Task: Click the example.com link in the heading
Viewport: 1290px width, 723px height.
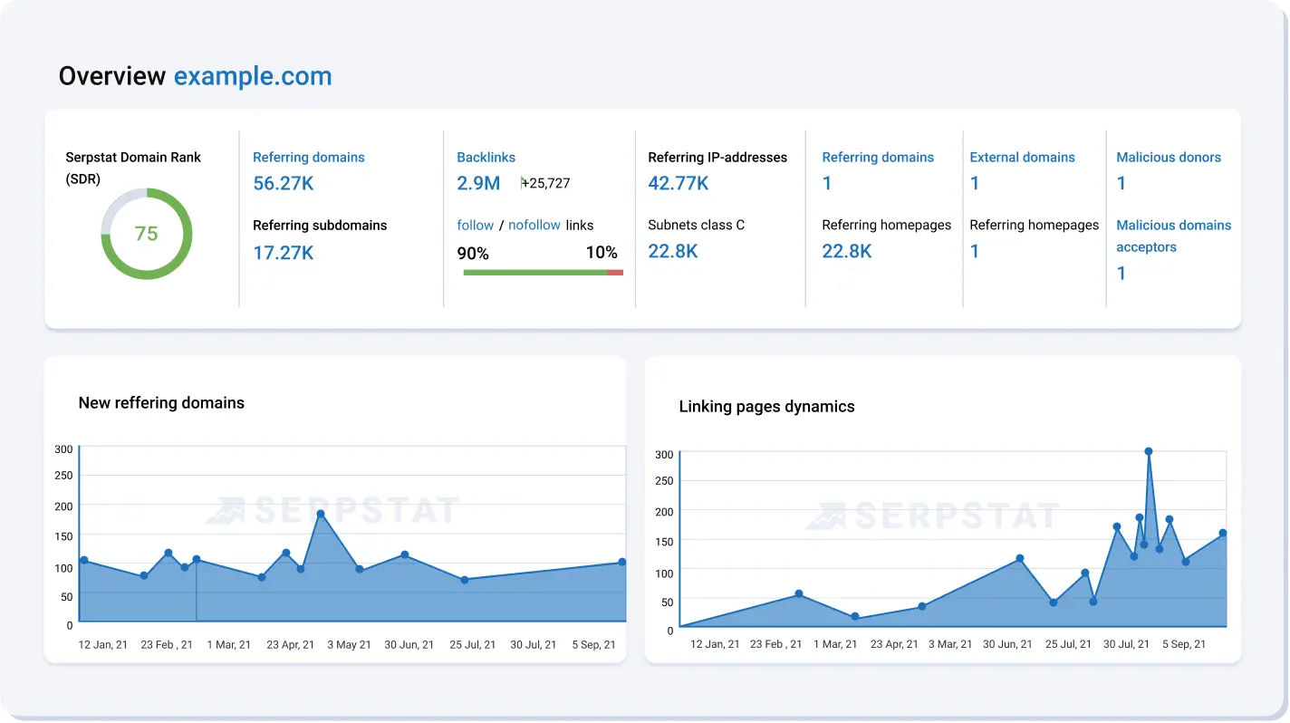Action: [253, 76]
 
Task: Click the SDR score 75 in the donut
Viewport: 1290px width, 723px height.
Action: [146, 234]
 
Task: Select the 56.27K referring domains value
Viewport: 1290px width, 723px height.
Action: [283, 183]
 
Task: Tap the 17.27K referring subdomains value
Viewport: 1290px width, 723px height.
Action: [283, 253]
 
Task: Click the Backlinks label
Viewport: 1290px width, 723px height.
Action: [486, 157]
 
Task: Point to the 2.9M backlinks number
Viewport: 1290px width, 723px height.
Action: [478, 183]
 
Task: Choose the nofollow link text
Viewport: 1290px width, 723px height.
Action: [534, 225]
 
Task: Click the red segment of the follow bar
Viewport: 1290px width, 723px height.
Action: [615, 272]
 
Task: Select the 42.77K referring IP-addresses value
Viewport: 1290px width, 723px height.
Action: [678, 183]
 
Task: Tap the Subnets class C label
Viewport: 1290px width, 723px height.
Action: [696, 225]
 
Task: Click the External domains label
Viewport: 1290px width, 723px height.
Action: [1022, 157]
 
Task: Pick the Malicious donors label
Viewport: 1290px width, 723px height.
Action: [1168, 157]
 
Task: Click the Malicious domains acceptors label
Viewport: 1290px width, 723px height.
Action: [1172, 236]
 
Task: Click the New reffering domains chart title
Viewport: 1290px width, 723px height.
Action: [161, 403]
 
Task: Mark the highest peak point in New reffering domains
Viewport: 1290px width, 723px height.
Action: [321, 514]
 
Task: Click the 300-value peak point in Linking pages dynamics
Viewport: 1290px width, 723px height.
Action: [1149, 451]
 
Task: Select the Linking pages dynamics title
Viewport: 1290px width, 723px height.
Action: [766, 407]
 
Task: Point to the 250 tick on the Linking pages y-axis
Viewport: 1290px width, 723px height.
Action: [664, 481]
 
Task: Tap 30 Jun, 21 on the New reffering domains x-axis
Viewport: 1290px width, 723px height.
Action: [409, 645]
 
